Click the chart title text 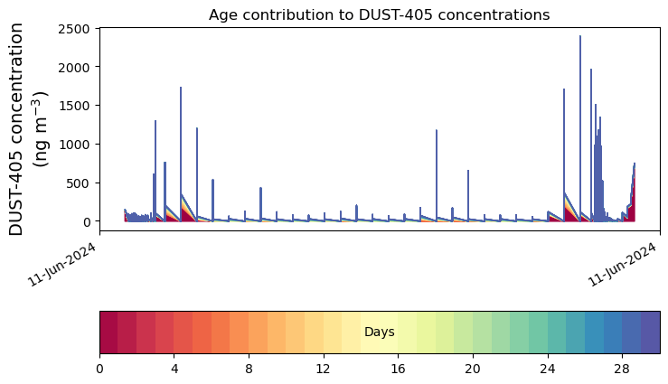click(x=379, y=14)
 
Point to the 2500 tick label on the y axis click(x=74, y=29)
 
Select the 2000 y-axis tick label click(x=74, y=67)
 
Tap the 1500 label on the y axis click(x=74, y=106)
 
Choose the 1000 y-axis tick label click(x=74, y=145)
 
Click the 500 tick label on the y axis click(x=78, y=183)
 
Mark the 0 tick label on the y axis click(x=87, y=221)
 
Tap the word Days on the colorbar click(x=380, y=332)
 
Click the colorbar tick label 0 click(x=99, y=369)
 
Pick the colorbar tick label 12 click(x=324, y=369)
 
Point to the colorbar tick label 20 click(x=473, y=369)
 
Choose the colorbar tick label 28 click(x=622, y=369)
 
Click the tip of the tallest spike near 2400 click(x=580, y=36)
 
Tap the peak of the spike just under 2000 click(x=591, y=69)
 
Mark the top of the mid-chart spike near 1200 click(x=437, y=130)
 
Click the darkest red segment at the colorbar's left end click(x=109, y=332)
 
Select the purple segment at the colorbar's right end click(x=651, y=332)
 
